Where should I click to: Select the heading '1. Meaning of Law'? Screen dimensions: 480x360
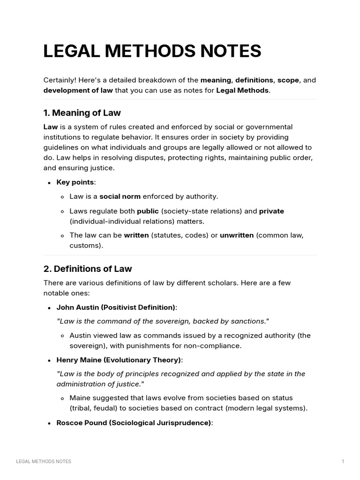point(82,113)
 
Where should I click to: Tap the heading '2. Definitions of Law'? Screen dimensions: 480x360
point(88,269)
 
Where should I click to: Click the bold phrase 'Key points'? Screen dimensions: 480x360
point(75,182)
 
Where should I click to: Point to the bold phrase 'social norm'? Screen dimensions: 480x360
point(120,196)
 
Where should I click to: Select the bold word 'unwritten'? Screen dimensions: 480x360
point(237,235)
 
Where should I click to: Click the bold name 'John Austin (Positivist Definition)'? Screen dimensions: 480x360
point(116,307)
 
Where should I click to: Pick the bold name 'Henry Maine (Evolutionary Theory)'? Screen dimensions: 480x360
point(119,360)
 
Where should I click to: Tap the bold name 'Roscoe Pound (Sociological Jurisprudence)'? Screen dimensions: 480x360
point(134,423)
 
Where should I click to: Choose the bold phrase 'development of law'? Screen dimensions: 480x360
point(78,90)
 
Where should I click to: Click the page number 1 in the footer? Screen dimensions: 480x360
point(343,462)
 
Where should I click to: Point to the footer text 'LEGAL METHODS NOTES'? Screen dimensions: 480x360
point(44,462)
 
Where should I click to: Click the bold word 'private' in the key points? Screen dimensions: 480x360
point(271,211)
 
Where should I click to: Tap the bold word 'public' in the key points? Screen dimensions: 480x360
point(148,211)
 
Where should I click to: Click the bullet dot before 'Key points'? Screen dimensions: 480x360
point(50,183)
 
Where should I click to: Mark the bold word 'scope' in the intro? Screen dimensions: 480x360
point(288,80)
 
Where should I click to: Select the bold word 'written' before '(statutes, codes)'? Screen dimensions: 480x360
point(136,235)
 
